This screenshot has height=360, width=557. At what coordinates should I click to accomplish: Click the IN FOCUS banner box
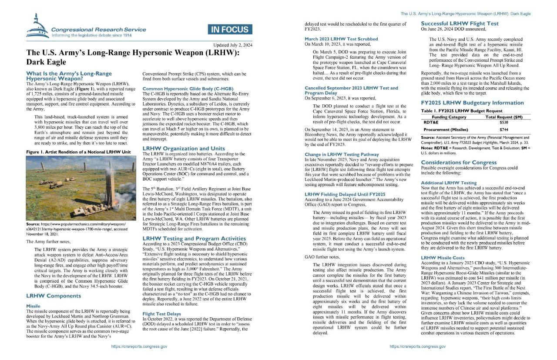pos(230,30)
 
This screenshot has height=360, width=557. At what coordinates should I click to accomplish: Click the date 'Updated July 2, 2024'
pos(233,45)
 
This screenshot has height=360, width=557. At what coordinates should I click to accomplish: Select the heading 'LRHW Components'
pos(54,296)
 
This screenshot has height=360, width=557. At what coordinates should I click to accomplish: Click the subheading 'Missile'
pos(34,306)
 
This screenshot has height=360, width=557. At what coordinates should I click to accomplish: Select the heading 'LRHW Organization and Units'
pos(184,148)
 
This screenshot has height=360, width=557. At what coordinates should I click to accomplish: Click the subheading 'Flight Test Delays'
pos(162,313)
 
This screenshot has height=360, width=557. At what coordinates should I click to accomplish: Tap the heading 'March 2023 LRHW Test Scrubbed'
pos(341,39)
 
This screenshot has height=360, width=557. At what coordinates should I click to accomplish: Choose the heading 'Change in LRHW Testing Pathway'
pos(342,154)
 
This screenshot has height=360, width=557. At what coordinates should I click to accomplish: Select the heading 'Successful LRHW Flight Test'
pos(460,23)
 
